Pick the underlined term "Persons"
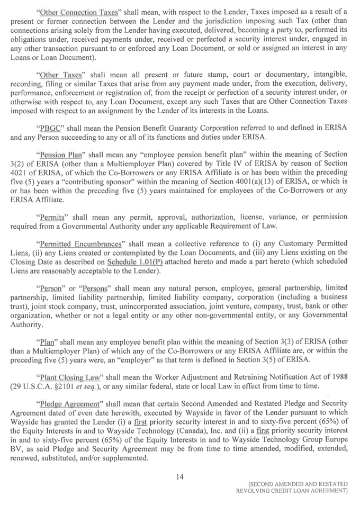pos(94,290)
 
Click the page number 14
pos(179,477)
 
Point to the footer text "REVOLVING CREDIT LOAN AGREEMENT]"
pos(292,492)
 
